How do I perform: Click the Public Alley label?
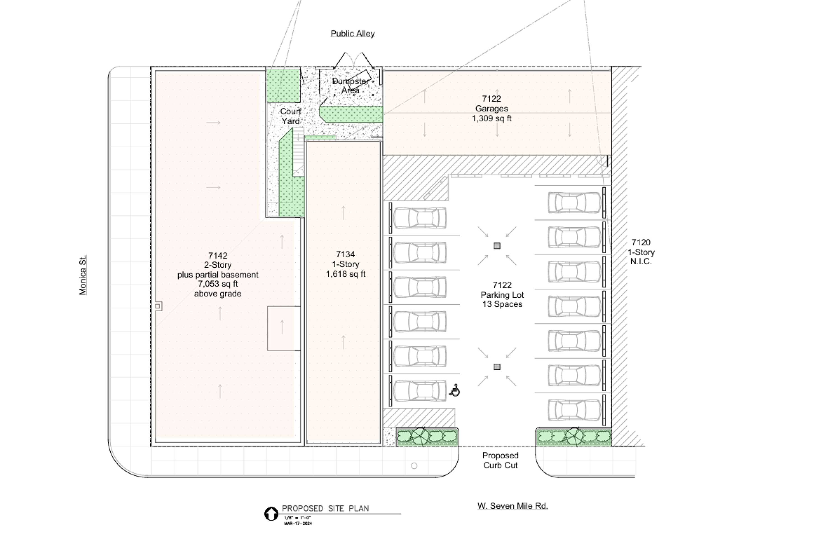point(352,34)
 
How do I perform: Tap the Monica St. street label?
point(83,275)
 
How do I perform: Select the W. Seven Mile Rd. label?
point(513,506)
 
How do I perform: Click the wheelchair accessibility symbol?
point(455,391)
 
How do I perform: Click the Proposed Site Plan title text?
point(325,508)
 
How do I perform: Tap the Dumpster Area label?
point(351,86)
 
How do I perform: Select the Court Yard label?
point(291,116)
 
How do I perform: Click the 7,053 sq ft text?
point(218,284)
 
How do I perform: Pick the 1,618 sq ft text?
point(346,274)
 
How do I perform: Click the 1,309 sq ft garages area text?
point(492,118)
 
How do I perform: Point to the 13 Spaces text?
point(502,304)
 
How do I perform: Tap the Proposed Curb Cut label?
point(500,460)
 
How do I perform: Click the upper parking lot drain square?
point(497,246)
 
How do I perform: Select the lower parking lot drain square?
point(497,367)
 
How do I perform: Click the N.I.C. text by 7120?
point(641,262)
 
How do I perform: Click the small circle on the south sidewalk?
point(414,466)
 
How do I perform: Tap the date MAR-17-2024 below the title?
point(298,523)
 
